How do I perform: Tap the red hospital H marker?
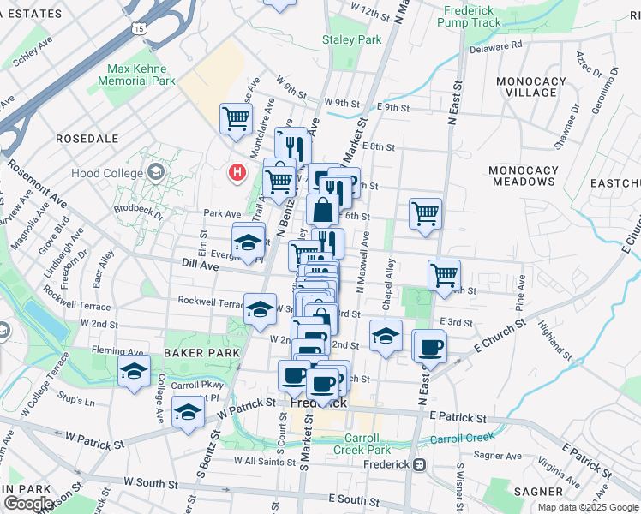[237, 173]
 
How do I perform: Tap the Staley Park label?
[351, 39]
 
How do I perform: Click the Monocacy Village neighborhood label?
[531, 87]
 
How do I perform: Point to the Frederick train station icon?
[420, 465]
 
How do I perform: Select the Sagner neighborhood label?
[538, 492]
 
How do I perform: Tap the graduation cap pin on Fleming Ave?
[134, 371]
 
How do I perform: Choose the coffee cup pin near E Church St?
[431, 345]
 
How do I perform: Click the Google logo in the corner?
[27, 504]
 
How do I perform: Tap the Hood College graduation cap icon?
[155, 173]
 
